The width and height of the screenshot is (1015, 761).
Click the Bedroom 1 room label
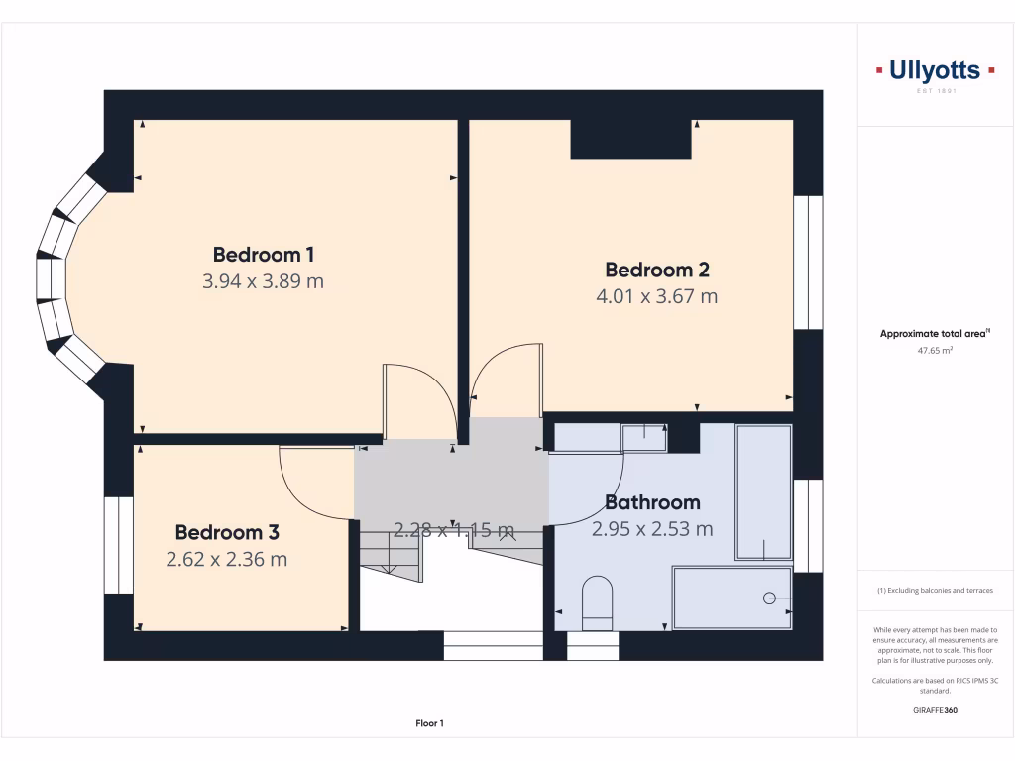263,254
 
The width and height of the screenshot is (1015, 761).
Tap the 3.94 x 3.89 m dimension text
263,281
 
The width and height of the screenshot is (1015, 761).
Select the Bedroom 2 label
656,270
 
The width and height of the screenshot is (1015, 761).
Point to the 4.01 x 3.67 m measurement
656,296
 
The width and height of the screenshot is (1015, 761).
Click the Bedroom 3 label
227,532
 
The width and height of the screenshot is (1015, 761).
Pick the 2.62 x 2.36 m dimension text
227,559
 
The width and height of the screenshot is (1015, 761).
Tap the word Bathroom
652,502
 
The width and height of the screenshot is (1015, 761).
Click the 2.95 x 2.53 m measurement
652,529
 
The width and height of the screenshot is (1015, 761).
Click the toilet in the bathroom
597,602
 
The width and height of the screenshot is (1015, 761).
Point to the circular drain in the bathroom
769,598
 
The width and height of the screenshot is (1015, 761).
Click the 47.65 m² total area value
935,350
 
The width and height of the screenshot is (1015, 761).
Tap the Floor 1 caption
429,724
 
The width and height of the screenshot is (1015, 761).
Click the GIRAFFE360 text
935,710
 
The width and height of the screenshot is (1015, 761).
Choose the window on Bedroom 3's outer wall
119,545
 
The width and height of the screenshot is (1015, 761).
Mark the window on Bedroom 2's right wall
808,262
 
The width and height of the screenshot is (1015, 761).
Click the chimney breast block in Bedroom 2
630,139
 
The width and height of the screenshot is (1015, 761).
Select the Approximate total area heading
935,334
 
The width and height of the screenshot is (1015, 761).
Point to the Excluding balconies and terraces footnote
935,591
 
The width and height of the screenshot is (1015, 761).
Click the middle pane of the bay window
51,277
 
